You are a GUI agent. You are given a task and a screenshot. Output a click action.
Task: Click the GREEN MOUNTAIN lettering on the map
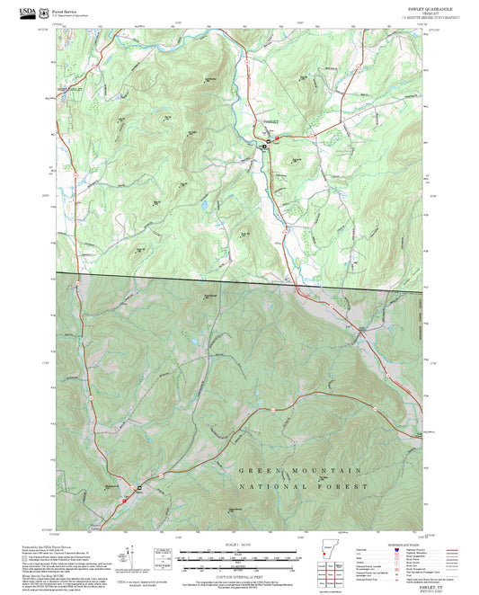299,471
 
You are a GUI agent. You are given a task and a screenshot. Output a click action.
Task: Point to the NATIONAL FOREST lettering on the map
304,486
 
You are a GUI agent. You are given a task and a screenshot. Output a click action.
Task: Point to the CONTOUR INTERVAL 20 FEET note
239,573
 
